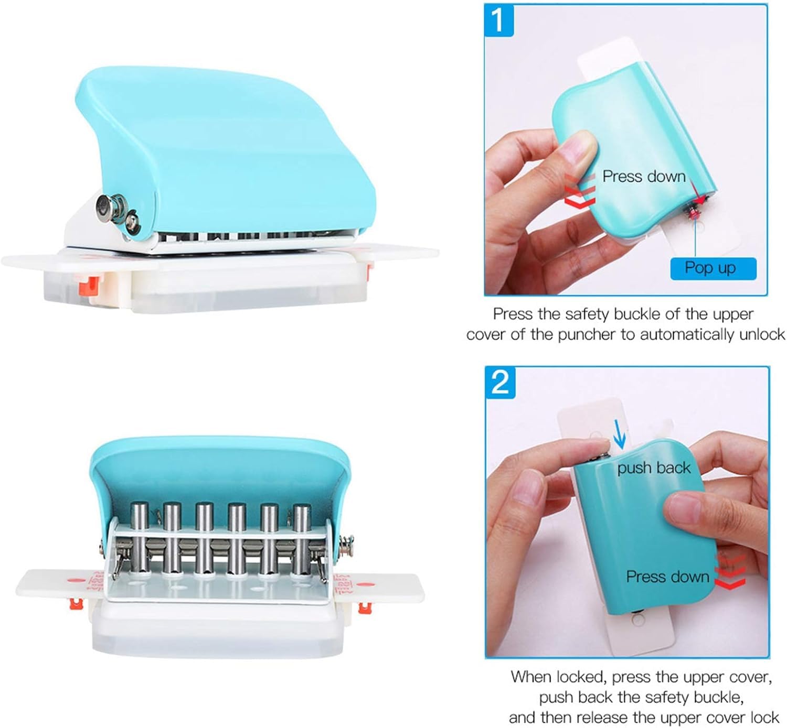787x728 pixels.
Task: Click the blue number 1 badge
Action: (498, 20)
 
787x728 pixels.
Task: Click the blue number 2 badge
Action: (500, 383)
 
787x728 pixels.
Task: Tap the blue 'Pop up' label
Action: (713, 268)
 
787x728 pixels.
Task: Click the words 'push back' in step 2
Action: (654, 468)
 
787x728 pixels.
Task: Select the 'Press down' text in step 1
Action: (644, 176)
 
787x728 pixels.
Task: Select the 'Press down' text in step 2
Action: (667, 577)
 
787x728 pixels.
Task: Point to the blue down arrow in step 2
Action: (619, 434)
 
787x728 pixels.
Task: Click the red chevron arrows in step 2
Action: (729, 572)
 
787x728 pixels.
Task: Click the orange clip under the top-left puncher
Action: (89, 286)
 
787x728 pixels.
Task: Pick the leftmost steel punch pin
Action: (140, 537)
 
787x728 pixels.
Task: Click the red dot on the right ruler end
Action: (365, 584)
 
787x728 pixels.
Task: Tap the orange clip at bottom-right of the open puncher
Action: (365, 607)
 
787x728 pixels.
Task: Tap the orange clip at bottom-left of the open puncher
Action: (76, 604)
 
